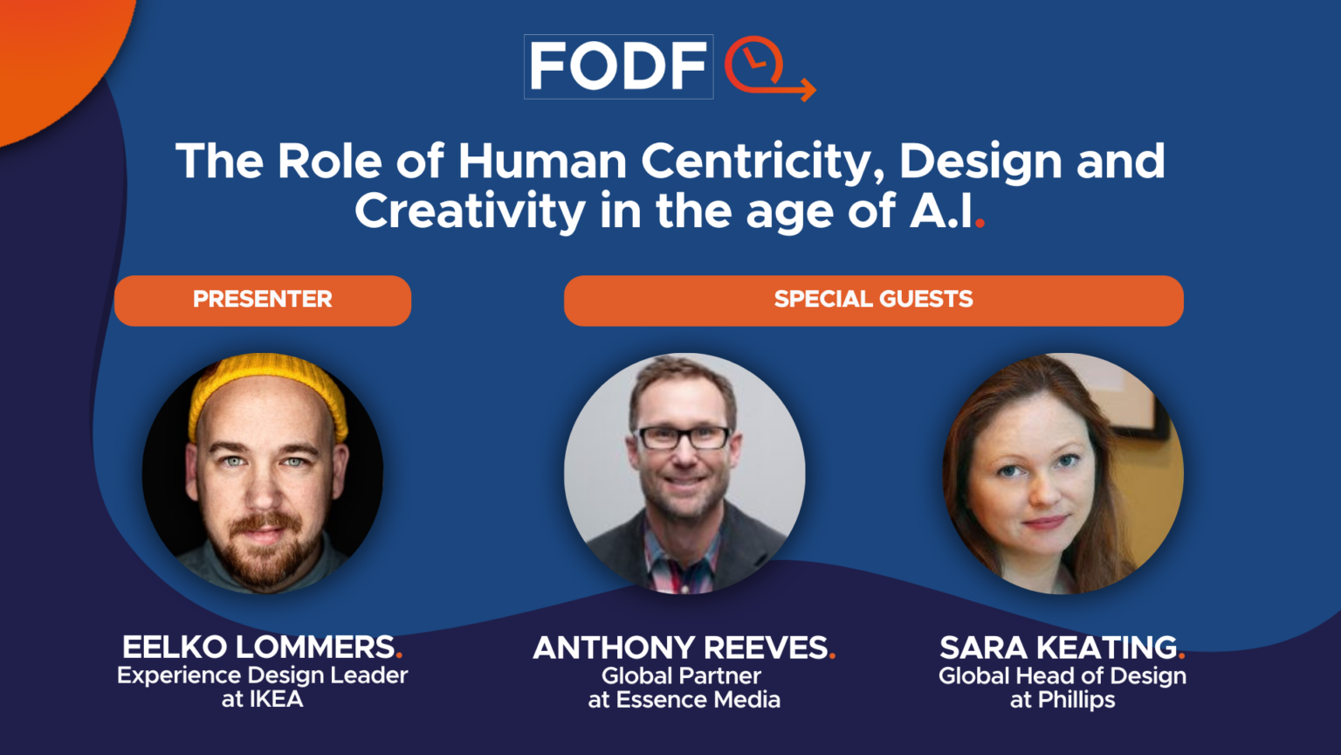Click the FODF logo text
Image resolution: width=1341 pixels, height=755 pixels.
click(618, 66)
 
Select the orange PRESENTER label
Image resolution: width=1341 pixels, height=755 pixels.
click(262, 301)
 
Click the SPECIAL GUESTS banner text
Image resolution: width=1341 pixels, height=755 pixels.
click(873, 299)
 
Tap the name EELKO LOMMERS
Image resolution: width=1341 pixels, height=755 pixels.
click(258, 648)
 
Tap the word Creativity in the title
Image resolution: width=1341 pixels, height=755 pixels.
click(470, 211)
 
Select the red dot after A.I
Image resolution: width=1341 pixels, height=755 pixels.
click(980, 224)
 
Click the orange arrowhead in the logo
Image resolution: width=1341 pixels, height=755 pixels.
click(808, 90)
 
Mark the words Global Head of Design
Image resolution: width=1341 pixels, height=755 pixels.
click(1062, 675)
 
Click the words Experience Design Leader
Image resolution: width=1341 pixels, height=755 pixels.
click(262, 675)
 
